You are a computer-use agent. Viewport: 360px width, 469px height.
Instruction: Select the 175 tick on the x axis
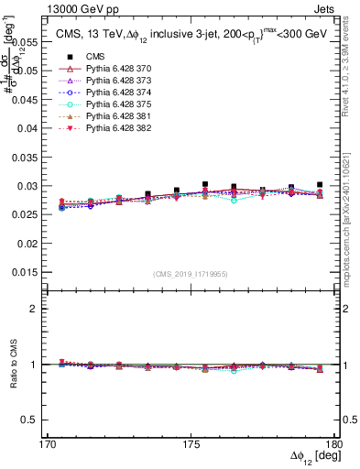(190, 443)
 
